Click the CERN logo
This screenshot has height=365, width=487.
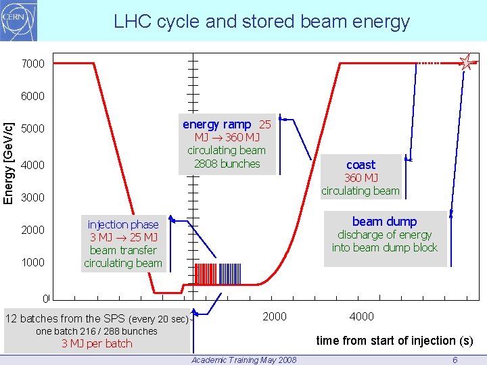pos(19,20)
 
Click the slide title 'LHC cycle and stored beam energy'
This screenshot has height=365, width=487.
pos(262,22)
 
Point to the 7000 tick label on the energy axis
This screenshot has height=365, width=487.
pos(32,64)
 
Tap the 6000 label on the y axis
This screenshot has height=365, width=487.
pos(32,96)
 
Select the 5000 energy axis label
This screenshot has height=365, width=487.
pos(32,129)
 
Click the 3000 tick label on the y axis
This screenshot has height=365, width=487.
pos(32,198)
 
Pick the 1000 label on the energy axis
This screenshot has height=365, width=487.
pos(32,262)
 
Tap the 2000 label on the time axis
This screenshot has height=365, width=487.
pos(274,316)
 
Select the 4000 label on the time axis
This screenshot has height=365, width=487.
pos(362,316)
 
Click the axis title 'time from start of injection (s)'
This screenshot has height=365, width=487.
pos(395,341)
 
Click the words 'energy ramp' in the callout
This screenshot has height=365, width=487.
pos(216,124)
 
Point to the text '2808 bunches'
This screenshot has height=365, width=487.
pos(227,164)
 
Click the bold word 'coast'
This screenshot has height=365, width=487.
pos(361,164)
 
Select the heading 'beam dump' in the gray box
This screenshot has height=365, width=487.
pos(384,221)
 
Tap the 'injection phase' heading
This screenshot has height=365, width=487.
pos(123,224)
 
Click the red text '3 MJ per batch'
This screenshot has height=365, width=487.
pos(97,343)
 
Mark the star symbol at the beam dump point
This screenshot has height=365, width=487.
pos(466,63)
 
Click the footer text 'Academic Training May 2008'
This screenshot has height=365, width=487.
pos(243,360)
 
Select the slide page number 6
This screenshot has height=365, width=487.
pos(455,360)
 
